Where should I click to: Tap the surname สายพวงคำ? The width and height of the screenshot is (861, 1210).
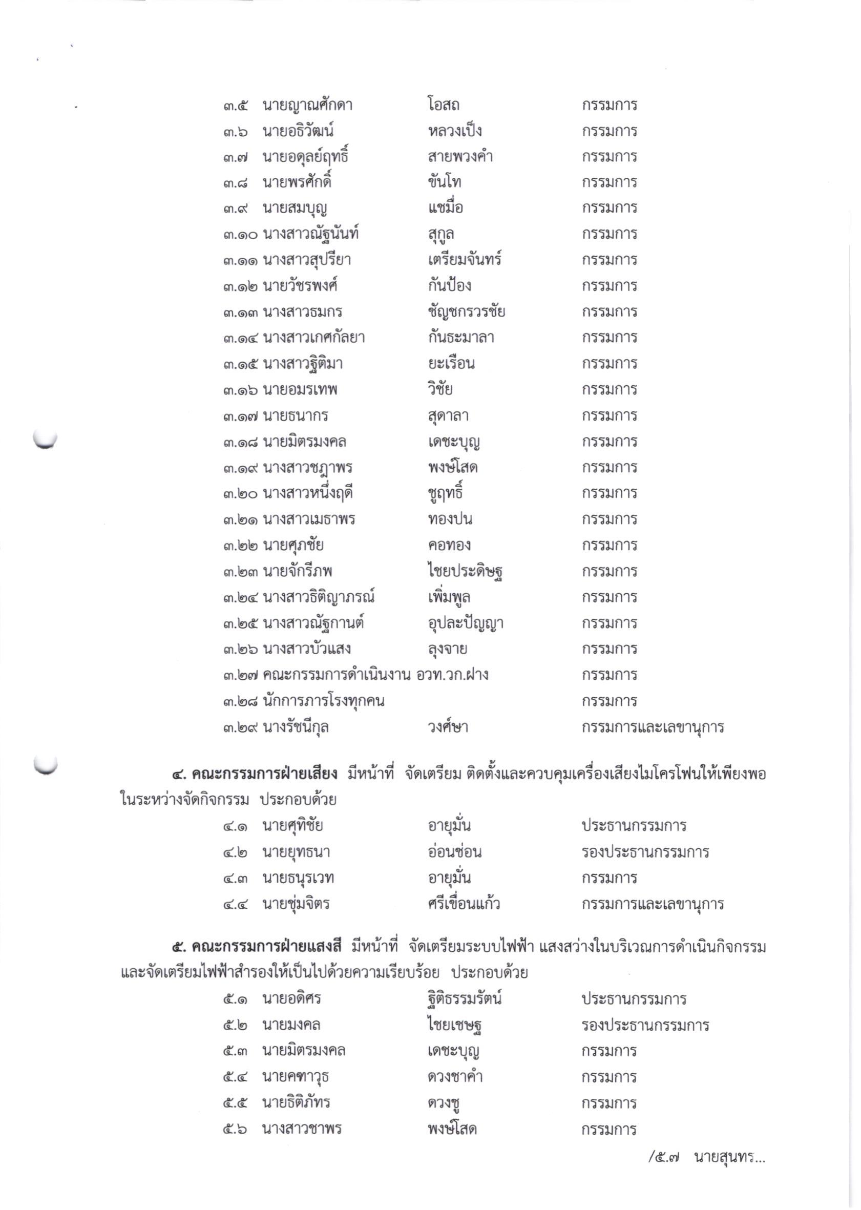coord(460,157)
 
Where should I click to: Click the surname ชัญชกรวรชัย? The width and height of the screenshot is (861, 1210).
coord(466,312)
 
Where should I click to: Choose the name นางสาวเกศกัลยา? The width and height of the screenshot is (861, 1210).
coord(314,338)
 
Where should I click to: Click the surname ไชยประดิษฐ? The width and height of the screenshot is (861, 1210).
coord(465,572)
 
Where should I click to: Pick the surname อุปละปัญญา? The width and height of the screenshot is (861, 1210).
coord(466,623)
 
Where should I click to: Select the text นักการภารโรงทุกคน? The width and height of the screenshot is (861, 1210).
coord(324,701)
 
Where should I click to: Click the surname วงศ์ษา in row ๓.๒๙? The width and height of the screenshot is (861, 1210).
coord(448,727)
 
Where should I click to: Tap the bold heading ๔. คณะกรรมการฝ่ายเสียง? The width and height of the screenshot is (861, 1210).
coord(255,774)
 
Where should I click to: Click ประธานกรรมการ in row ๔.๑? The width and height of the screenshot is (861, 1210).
coord(634,826)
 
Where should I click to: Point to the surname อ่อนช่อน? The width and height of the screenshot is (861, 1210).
coord(454,852)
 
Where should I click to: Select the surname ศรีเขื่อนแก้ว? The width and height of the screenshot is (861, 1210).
coord(464,904)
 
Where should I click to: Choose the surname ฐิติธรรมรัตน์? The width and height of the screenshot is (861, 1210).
coord(465,999)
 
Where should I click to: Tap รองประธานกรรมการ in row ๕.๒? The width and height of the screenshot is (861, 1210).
coord(645,1025)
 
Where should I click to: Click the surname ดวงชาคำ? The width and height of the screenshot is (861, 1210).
coord(455,1077)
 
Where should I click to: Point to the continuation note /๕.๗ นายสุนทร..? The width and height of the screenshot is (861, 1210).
coord(706,1158)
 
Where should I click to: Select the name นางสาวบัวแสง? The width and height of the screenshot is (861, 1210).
coord(307,649)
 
